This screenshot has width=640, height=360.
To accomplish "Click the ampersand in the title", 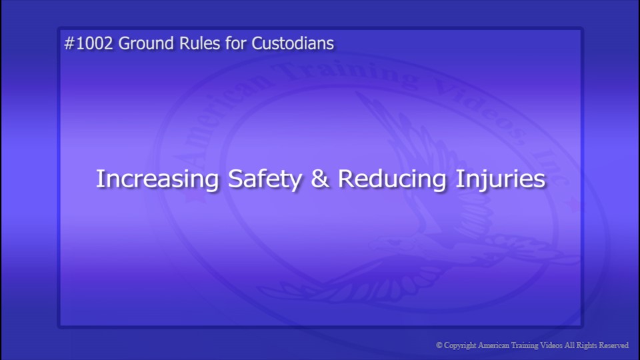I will click(321, 179).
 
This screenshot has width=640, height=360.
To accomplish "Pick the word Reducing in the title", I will click(392, 179).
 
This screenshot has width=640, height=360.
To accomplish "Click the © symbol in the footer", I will click(439, 345).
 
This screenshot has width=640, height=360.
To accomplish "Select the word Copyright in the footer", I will click(461, 345).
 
